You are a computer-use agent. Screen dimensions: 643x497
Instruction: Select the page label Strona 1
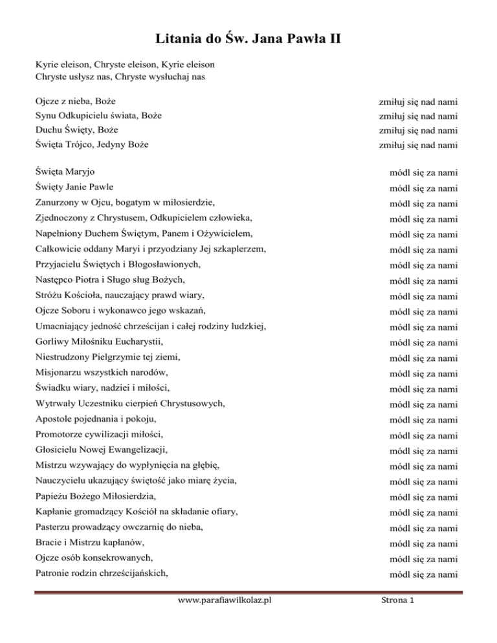pyautogui.click(x=397, y=618)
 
